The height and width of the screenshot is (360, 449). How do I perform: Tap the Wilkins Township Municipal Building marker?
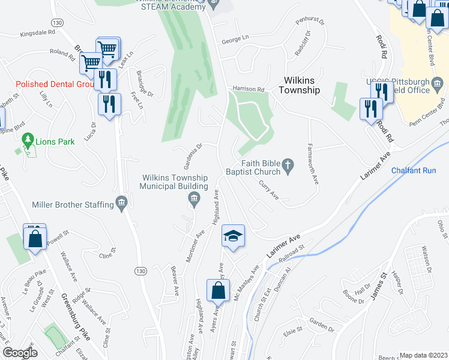194,200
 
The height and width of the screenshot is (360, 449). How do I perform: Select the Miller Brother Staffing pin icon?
122,203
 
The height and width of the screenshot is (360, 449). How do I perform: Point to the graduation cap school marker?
233,235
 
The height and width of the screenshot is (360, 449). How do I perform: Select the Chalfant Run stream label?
413,170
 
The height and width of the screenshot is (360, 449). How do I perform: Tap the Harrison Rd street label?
248,89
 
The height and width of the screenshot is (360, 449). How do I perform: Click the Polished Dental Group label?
56,85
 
